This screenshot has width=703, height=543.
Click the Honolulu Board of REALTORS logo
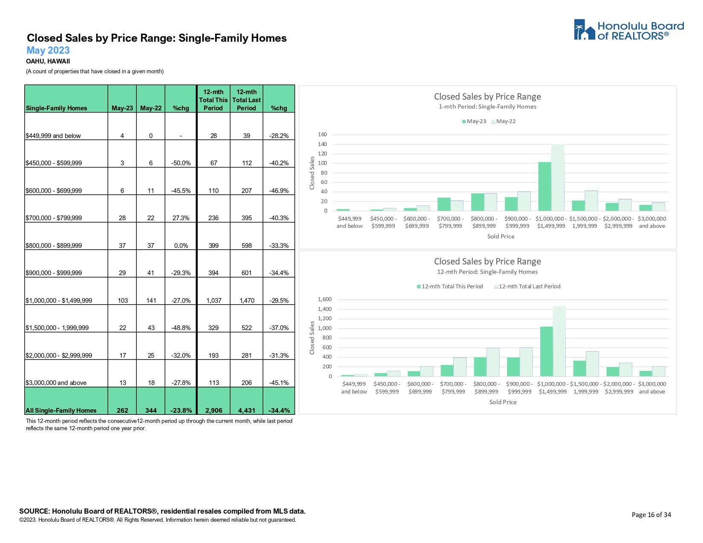click(628, 30)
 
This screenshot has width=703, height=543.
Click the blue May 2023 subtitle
click(48, 50)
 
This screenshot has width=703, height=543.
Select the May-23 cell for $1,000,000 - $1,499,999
click(123, 300)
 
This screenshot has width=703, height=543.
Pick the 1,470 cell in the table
click(247, 300)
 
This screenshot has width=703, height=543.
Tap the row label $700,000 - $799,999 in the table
click(54, 218)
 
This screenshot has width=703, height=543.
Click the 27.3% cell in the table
click(181, 218)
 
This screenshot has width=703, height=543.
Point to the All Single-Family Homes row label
click(61, 411)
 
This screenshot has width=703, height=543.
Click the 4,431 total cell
click(247, 411)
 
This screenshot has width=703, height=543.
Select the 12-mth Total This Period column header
click(213, 100)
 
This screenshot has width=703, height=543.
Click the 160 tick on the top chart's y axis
click(323, 135)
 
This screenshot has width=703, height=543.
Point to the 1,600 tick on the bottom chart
click(325, 299)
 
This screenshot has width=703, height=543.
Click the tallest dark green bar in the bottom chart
click(546, 351)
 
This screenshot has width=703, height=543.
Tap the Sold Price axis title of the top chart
click(501, 236)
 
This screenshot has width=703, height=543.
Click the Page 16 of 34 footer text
click(651, 515)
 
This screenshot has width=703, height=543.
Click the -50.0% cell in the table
click(181, 163)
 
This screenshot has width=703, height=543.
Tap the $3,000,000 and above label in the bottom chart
click(652, 388)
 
